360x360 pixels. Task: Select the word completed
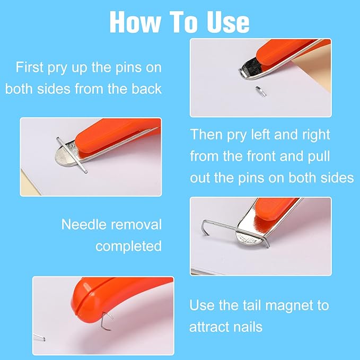point(128,246)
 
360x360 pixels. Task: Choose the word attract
point(208,327)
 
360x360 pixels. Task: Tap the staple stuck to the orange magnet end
point(107,321)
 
